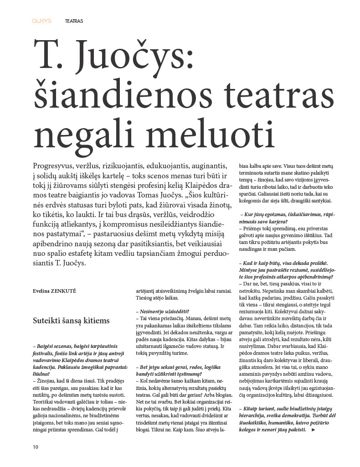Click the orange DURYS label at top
pos(42,21)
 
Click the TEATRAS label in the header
pos(74,21)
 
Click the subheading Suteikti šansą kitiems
pos(71,321)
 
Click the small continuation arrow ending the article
pos(313,430)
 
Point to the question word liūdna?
pos(41,373)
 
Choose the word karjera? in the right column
pos(264,221)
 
